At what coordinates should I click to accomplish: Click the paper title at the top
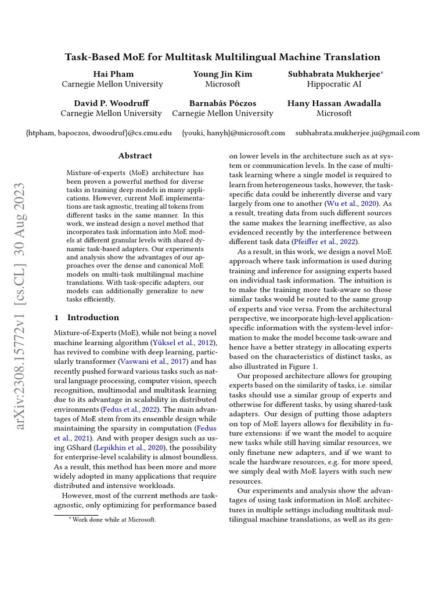tap(222, 57)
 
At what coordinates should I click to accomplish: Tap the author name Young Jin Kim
tap(222, 74)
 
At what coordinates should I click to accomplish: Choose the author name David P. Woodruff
tap(111, 103)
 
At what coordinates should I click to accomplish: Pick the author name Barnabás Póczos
tap(222, 103)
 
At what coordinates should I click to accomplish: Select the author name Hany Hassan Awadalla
tap(334, 103)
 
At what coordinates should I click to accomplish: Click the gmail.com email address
tap(357, 133)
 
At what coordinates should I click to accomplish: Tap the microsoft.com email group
tap(233, 133)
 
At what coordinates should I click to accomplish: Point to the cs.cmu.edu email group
tap(99, 133)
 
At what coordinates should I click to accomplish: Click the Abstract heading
tap(135, 155)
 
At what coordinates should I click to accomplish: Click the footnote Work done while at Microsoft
tap(113, 520)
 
